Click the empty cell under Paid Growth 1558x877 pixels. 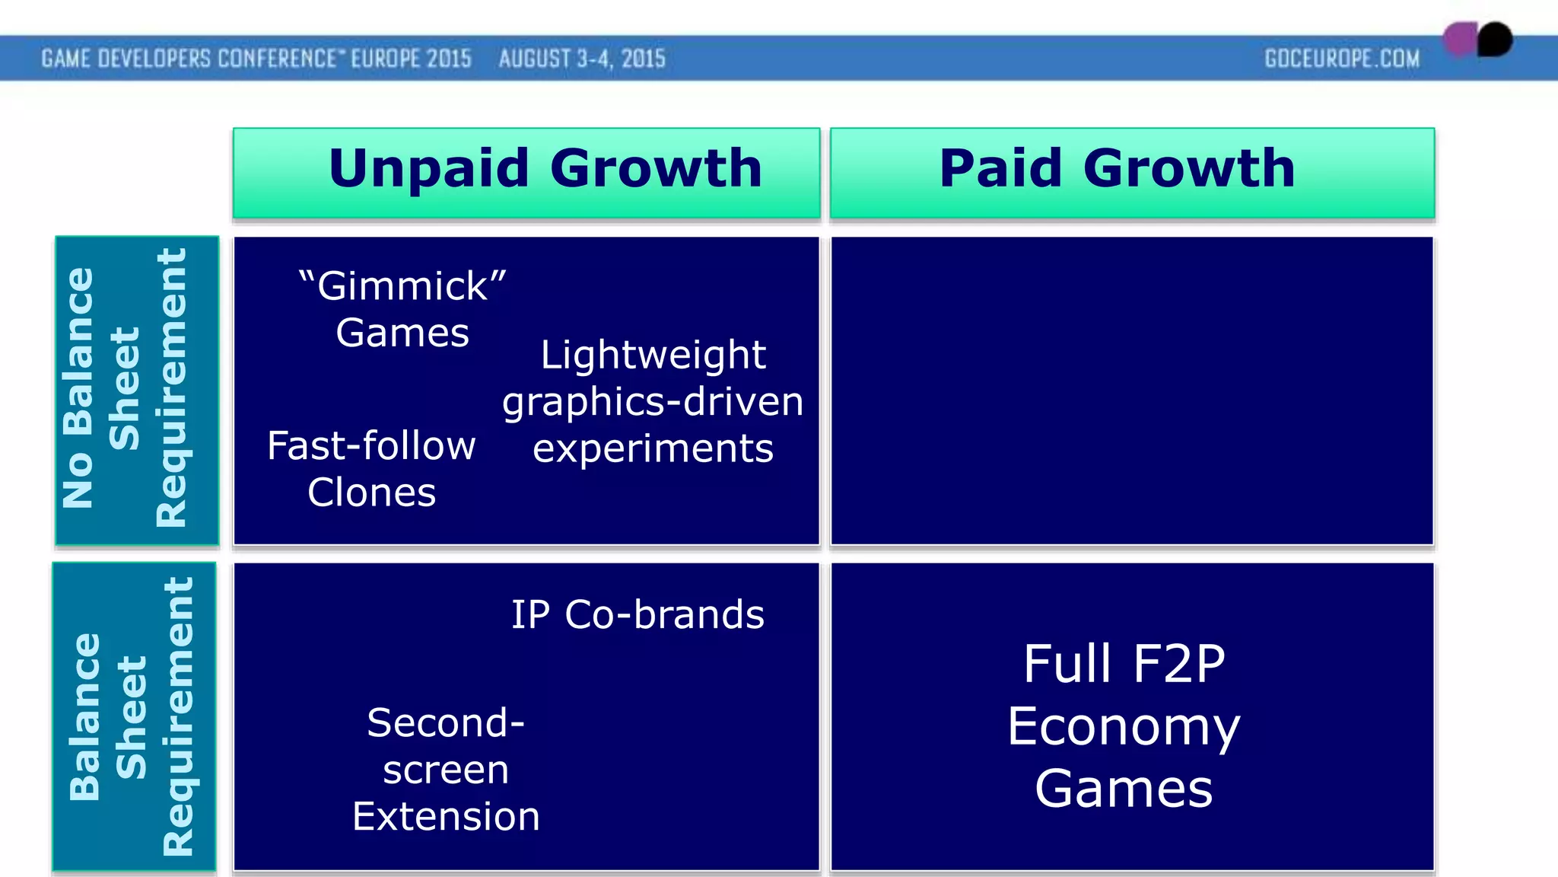click(x=1132, y=391)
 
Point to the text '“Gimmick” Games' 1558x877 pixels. click(x=402, y=309)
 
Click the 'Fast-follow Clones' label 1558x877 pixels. click(x=371, y=468)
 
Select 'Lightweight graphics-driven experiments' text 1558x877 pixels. click(x=653, y=401)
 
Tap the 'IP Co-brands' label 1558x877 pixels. click(x=638, y=614)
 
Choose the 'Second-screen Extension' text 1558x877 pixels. click(x=446, y=769)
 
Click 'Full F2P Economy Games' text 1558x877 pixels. click(x=1124, y=726)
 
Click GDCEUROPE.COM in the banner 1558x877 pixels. click(x=1342, y=59)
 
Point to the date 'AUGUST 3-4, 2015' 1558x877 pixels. click(x=582, y=59)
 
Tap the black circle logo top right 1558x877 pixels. click(x=1495, y=40)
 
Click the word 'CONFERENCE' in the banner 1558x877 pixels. click(x=277, y=59)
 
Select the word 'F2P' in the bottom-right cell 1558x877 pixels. click(x=1179, y=664)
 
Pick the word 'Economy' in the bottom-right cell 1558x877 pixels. click(x=1124, y=727)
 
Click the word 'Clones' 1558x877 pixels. click(x=371, y=493)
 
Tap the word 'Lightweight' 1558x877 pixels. click(x=653, y=355)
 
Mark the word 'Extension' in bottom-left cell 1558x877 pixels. click(x=446, y=816)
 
